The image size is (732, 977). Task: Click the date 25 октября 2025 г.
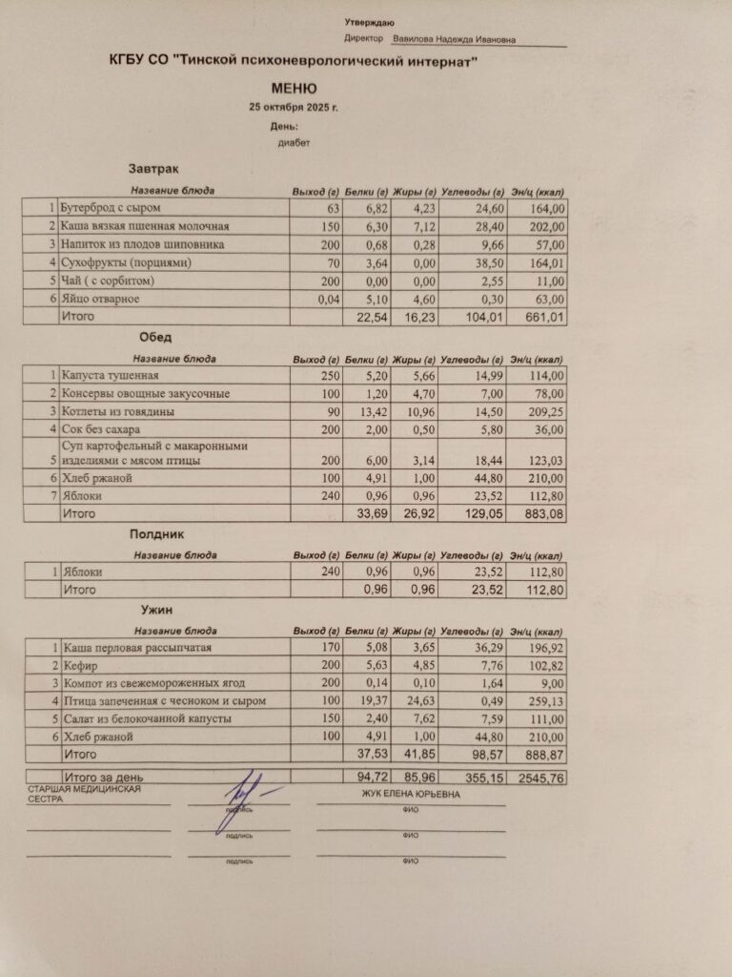click(293, 107)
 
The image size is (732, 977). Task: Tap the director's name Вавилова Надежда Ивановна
click(455, 40)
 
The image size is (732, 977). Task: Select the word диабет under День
click(295, 143)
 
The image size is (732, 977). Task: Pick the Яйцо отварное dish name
click(100, 300)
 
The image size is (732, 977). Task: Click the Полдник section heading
click(156, 535)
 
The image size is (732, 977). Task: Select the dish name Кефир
click(78, 665)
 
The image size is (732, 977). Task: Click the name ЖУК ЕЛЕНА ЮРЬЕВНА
click(410, 794)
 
